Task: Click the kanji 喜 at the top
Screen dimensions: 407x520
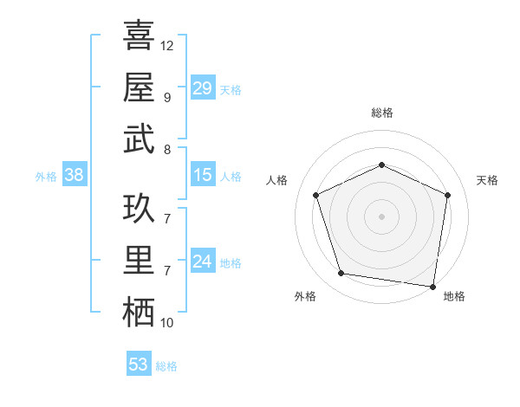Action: click(x=139, y=36)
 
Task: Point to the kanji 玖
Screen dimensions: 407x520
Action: click(x=139, y=210)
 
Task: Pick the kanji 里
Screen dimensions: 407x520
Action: click(x=139, y=261)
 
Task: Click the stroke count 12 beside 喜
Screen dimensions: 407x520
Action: click(x=167, y=45)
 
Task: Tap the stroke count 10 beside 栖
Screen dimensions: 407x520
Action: click(x=167, y=323)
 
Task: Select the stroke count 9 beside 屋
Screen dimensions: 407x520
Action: click(x=166, y=97)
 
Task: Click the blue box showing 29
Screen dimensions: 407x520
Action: click(x=202, y=88)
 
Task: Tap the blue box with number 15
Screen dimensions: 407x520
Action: click(x=202, y=175)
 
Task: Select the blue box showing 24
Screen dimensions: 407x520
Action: click(x=202, y=262)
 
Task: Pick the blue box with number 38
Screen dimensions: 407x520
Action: click(x=74, y=175)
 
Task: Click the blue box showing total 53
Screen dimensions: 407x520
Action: click(x=138, y=365)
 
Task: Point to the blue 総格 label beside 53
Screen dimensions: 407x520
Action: click(x=166, y=366)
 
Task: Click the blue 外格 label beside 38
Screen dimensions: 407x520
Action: click(x=46, y=177)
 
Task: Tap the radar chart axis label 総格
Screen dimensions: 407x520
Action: click(x=381, y=113)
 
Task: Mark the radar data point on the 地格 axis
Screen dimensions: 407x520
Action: click(x=432, y=285)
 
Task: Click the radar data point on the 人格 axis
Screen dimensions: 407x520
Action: click(x=316, y=195)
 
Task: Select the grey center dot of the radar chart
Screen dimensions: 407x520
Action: click(x=381, y=216)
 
